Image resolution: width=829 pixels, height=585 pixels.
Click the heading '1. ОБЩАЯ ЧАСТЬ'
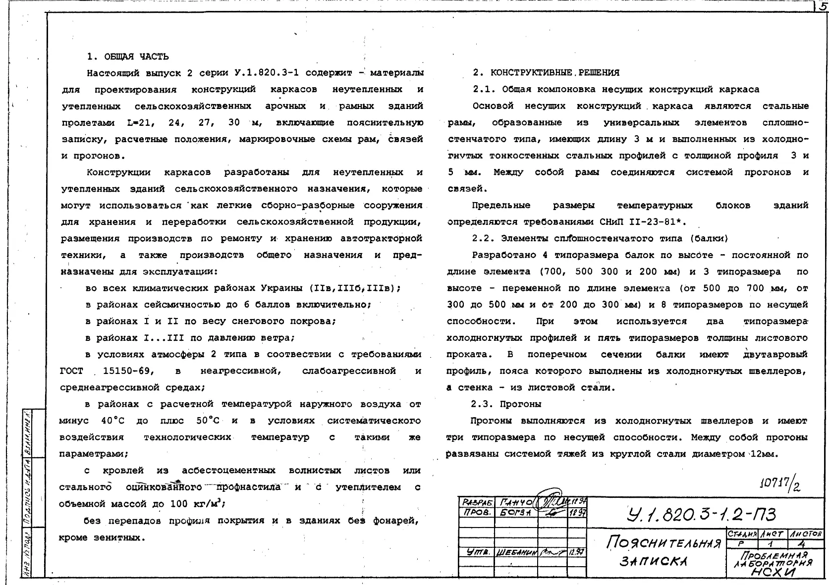click(128, 56)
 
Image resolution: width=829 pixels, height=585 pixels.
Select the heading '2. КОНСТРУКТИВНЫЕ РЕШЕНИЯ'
click(546, 73)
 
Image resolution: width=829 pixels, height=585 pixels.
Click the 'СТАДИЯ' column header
click(741, 534)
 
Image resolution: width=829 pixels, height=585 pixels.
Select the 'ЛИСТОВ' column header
click(805, 534)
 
